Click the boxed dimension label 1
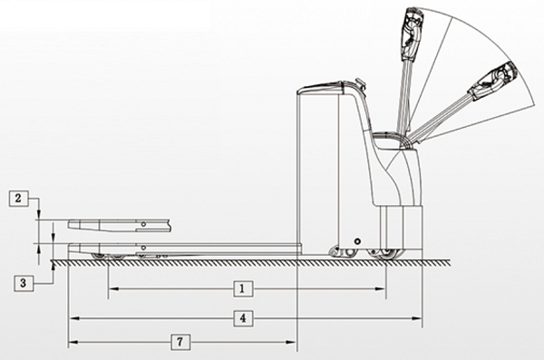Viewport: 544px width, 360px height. (x=242, y=289)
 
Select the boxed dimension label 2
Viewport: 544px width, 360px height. (x=18, y=199)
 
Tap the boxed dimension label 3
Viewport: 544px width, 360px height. (x=24, y=283)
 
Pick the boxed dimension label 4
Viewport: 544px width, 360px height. (x=243, y=318)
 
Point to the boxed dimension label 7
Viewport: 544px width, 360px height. (x=180, y=342)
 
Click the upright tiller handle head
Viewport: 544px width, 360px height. (x=412, y=34)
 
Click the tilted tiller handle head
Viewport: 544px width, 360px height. (x=493, y=81)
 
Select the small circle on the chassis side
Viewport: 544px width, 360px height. (x=357, y=241)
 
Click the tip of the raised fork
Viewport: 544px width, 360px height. (x=69, y=224)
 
